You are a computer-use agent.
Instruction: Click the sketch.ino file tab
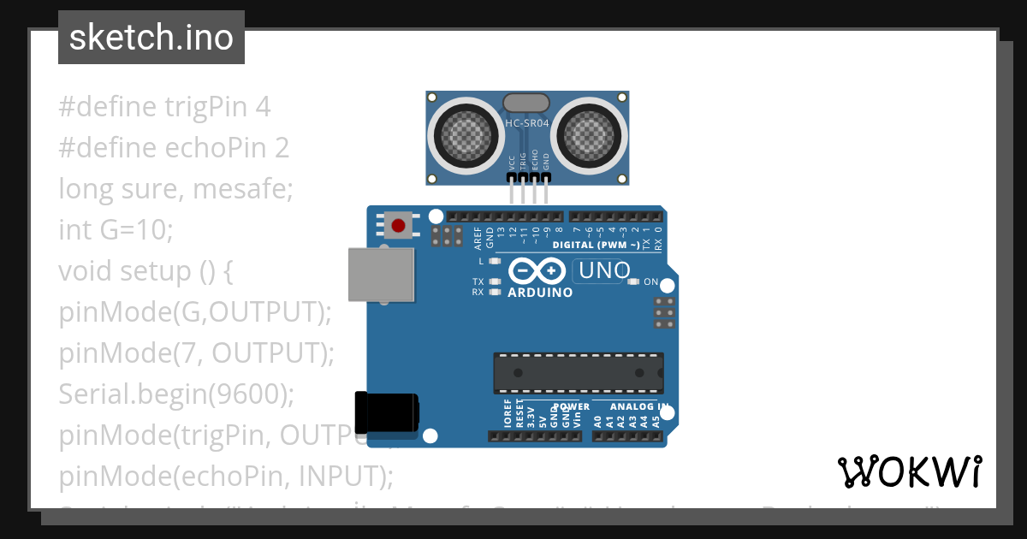click(151, 38)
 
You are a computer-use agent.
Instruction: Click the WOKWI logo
click(909, 471)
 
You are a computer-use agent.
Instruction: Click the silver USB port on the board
click(381, 275)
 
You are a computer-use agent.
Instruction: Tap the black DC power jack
click(387, 412)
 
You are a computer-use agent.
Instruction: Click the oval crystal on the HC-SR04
click(526, 104)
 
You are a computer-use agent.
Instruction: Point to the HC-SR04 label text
click(527, 123)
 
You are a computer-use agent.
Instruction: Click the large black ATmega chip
click(578, 373)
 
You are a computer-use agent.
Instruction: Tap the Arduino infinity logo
click(537, 271)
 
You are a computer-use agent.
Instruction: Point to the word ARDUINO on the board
click(540, 292)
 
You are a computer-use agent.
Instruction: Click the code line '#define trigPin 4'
click(164, 107)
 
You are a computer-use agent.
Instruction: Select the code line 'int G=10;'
click(116, 230)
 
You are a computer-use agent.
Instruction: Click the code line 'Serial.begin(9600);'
click(176, 394)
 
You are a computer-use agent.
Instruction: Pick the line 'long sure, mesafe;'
click(175, 189)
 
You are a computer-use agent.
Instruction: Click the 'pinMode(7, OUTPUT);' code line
click(196, 353)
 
